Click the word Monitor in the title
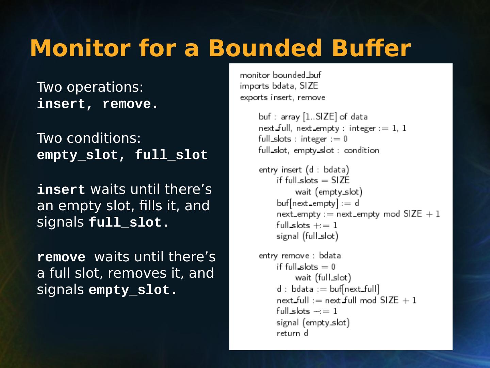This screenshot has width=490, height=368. [x=80, y=48]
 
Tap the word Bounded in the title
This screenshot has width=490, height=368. [x=265, y=48]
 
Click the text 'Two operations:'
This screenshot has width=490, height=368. [x=90, y=87]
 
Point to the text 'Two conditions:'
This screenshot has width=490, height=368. [x=88, y=138]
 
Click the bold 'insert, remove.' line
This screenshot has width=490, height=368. [x=98, y=104]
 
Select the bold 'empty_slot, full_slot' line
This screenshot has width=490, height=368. [x=122, y=155]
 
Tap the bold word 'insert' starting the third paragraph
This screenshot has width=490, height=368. [x=61, y=189]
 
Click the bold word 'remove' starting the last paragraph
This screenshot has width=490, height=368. [x=61, y=257]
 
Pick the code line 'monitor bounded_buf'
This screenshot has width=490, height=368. [x=280, y=75]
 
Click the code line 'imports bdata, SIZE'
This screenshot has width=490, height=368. [x=279, y=86]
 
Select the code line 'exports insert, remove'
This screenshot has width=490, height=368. [x=282, y=97]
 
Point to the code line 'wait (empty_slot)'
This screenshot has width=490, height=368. [x=329, y=192]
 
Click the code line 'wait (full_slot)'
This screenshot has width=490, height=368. [x=323, y=278]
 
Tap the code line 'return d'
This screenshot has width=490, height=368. [x=292, y=333]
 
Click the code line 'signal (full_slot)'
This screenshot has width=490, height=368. [x=307, y=236]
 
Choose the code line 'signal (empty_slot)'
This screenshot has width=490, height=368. [x=313, y=322]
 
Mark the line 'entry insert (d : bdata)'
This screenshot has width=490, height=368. [x=304, y=170]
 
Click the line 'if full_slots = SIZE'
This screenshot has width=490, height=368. [x=313, y=180]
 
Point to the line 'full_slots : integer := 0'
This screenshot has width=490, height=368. [x=303, y=139]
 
